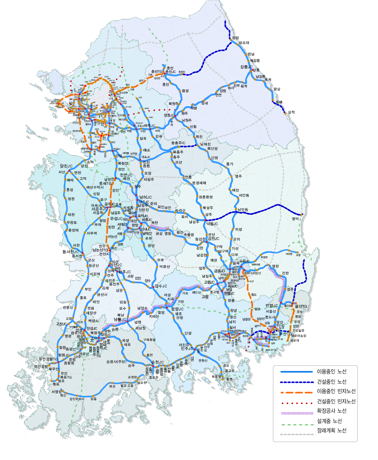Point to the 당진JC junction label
(x=66, y=166)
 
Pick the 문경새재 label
(x=199, y=183)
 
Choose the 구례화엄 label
(x=149, y=340)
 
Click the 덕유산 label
(x=164, y=266)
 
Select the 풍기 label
(x=229, y=164)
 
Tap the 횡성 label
(x=185, y=91)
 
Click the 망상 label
(x=276, y=89)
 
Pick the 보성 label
(x=112, y=386)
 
